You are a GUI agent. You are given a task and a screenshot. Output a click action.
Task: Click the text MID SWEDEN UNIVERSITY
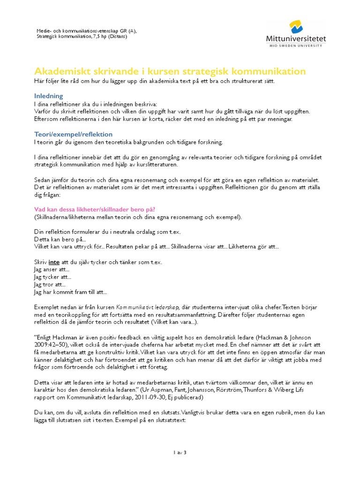click(296, 46)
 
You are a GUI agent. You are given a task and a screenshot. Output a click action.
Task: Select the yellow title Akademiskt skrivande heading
click(170, 71)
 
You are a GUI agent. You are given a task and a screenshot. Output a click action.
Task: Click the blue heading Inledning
click(49, 96)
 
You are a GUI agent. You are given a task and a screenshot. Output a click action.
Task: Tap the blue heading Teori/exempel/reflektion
click(73, 134)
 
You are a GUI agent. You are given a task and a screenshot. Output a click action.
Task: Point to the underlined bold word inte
click(54, 262)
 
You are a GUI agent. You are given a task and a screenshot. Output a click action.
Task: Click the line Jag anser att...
click(52, 270)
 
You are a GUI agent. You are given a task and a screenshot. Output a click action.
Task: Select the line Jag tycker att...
click(52, 277)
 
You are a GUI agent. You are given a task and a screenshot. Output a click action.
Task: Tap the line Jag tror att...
click(50, 285)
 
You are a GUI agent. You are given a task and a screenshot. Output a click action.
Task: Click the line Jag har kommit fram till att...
click(70, 292)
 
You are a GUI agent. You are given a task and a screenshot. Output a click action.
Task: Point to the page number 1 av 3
click(180, 453)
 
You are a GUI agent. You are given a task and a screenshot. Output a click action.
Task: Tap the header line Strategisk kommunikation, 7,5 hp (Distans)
click(82, 37)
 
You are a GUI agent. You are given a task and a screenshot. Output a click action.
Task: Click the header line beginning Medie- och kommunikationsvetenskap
click(87, 31)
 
